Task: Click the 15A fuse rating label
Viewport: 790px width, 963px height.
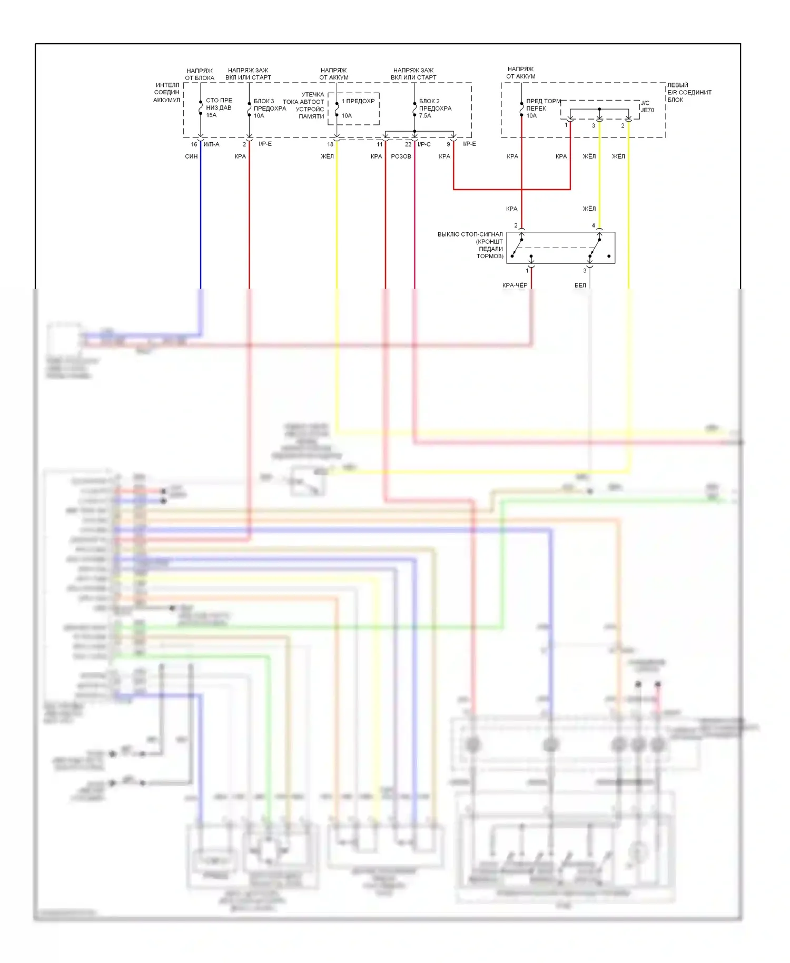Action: [x=211, y=115]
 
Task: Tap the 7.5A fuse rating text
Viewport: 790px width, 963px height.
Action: [x=425, y=115]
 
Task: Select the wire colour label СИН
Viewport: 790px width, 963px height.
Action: [x=191, y=156]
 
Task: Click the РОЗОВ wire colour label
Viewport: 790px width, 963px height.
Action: [x=401, y=156]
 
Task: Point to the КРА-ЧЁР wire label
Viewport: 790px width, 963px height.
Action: [x=515, y=286]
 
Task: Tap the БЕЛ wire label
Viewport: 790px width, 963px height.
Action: [x=580, y=286]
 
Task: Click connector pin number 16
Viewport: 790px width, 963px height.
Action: [x=194, y=144]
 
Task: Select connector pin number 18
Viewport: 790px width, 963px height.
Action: [x=330, y=144]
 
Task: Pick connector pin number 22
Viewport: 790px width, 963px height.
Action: [x=408, y=144]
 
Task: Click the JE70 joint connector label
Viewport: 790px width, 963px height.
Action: [x=647, y=110]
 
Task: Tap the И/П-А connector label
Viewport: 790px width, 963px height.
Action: [x=212, y=144]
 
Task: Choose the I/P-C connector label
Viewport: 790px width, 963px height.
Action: [x=424, y=144]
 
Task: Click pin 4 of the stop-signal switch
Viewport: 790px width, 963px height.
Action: [x=593, y=225]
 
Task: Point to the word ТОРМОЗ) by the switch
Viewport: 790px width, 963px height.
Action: [x=490, y=256]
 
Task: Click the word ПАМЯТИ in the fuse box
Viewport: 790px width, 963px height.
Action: [x=311, y=116]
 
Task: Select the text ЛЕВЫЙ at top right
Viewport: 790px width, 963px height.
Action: [x=678, y=85]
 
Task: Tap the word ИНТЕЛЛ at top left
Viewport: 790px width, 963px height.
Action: [x=167, y=85]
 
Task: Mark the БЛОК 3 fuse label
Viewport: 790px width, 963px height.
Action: [x=264, y=101]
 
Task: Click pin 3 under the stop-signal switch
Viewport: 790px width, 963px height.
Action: [x=585, y=271]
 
